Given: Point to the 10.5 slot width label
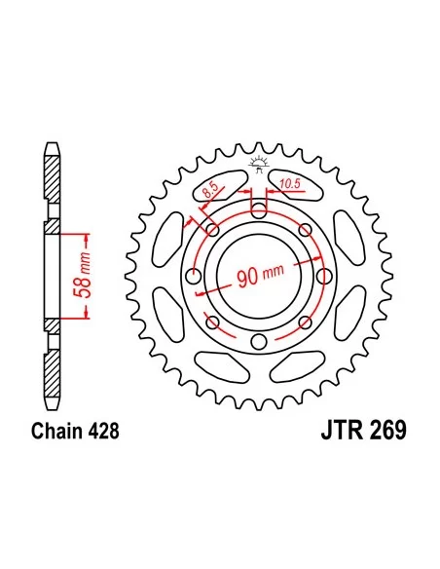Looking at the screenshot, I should point(289,182).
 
